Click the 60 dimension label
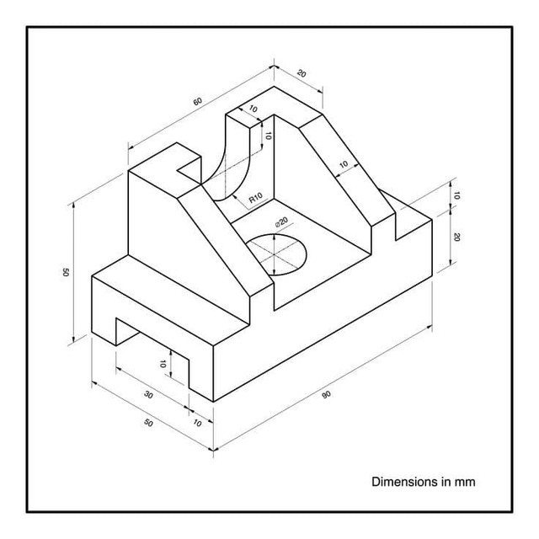coord(197,102)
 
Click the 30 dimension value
coord(148,395)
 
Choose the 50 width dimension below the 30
coord(149,423)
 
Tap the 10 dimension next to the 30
coord(197,423)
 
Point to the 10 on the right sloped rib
coord(344,164)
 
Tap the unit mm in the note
coord(466,483)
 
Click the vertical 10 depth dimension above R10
coord(268,135)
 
